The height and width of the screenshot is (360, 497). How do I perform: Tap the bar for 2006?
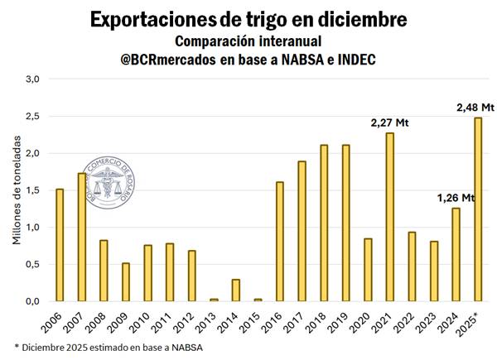(x=60, y=245)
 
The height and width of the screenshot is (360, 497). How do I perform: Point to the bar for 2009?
(x=126, y=282)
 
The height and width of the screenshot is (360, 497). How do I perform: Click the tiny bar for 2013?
(x=214, y=300)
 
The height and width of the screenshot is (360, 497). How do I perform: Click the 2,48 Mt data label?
(x=475, y=108)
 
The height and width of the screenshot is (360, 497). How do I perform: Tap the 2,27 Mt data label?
(x=390, y=123)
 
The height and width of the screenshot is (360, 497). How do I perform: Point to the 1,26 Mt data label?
(x=455, y=198)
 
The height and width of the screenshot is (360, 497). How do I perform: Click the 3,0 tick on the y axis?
(x=33, y=79)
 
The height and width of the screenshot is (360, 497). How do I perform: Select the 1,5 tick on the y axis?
(x=33, y=190)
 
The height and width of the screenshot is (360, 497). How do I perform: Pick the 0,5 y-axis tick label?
(x=33, y=264)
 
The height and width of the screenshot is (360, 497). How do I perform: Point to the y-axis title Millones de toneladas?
(x=16, y=191)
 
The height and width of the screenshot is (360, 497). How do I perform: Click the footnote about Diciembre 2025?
(x=109, y=347)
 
